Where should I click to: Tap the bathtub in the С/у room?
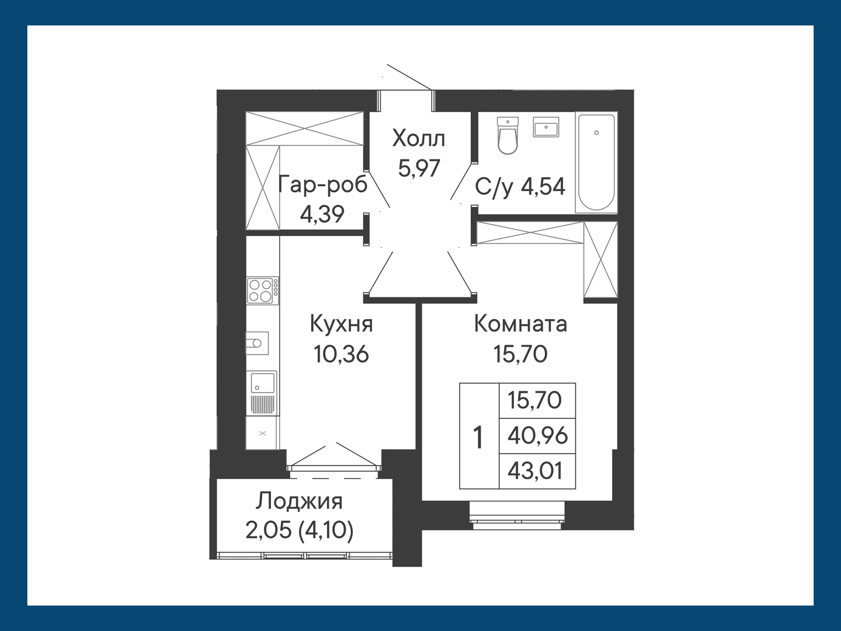pyautogui.click(x=596, y=162)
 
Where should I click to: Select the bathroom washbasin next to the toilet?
pyautogui.click(x=546, y=127)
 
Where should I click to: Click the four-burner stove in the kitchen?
pyautogui.click(x=262, y=291)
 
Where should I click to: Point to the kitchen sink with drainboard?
pyautogui.click(x=262, y=393)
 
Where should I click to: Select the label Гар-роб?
pyautogui.click(x=322, y=185)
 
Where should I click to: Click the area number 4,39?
pyautogui.click(x=322, y=214)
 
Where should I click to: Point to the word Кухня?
pyautogui.click(x=341, y=324)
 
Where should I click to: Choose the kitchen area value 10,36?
pyautogui.click(x=341, y=353)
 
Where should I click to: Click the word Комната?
pyautogui.click(x=520, y=324)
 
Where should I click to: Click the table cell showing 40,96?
pyautogui.click(x=537, y=436)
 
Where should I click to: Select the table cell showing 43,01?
pyautogui.click(x=537, y=471)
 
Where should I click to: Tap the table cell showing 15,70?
pyautogui.click(x=537, y=400)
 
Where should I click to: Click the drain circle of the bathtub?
pyautogui.click(x=596, y=133)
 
